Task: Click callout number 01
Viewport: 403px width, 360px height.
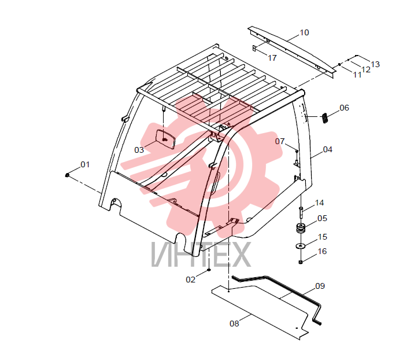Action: (85, 164)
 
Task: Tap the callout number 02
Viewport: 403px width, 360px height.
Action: (190, 280)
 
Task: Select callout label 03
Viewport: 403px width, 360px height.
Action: (139, 150)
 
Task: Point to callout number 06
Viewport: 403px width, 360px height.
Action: (344, 108)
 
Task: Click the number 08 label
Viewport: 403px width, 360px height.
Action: (234, 324)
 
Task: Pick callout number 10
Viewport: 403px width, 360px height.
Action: (304, 32)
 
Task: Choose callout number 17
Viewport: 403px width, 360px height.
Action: (272, 58)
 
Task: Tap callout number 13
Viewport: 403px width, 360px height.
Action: (375, 64)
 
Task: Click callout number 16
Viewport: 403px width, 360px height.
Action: (322, 251)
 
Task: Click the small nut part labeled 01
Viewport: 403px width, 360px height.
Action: (67, 175)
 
